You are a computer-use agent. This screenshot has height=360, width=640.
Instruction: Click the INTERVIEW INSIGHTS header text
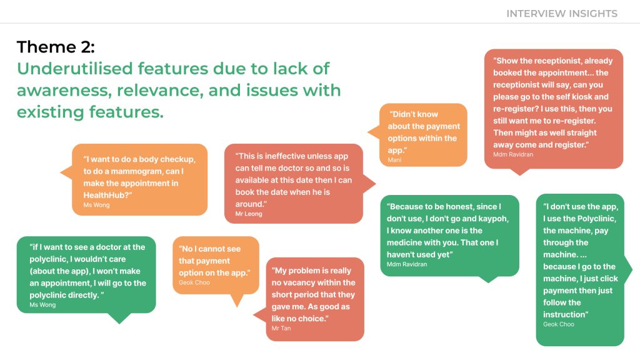(x=561, y=13)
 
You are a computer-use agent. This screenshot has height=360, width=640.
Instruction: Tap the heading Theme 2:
(x=56, y=47)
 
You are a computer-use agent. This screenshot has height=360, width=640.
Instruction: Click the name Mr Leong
(x=249, y=214)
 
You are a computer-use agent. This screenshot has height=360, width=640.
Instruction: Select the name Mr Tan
(x=281, y=329)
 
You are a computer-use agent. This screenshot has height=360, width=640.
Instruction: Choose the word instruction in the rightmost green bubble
(x=566, y=314)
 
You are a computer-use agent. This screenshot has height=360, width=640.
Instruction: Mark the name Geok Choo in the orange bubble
(x=194, y=283)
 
